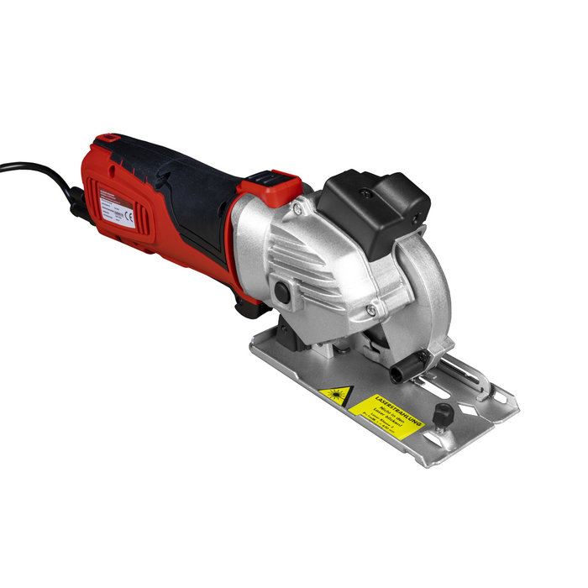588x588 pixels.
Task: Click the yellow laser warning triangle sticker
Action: [x=335, y=396]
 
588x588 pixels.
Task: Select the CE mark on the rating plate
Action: [x=129, y=214]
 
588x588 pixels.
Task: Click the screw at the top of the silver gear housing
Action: [x=297, y=207]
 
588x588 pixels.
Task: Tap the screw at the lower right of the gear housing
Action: [x=370, y=310]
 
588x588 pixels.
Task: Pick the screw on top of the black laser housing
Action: [x=366, y=193]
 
